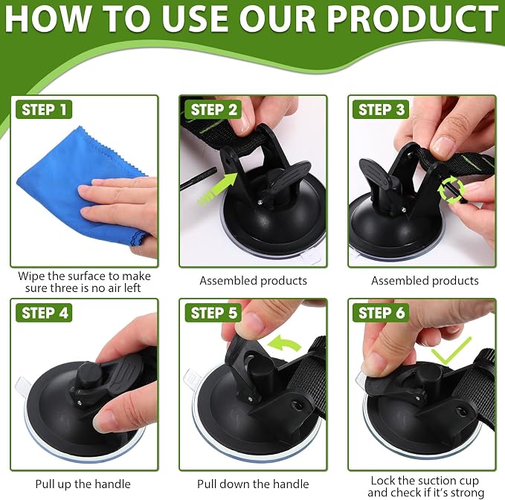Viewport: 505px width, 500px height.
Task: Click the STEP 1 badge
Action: [44, 110]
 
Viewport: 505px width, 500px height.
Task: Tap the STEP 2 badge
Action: [213, 110]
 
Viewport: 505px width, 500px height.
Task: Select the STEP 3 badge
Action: [381, 110]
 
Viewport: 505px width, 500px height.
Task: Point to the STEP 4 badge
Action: [44, 313]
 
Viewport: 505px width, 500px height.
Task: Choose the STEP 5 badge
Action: [213, 313]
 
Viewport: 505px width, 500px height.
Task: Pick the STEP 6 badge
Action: [381, 313]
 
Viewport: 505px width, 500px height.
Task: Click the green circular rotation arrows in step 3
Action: [451, 189]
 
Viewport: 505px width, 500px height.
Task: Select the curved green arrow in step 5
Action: [285, 343]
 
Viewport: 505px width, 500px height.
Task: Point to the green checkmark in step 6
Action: [451, 352]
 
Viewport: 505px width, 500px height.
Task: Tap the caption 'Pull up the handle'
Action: [83, 484]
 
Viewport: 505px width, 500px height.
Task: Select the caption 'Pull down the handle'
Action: [253, 484]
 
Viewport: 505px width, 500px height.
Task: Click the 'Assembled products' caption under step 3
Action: [425, 281]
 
